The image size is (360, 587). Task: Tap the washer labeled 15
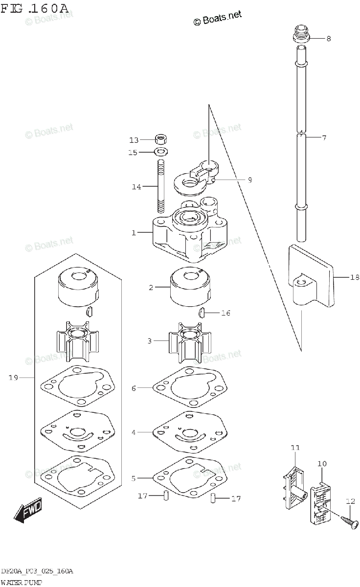pyautogui.click(x=161, y=152)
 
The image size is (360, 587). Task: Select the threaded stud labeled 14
pyautogui.click(x=161, y=186)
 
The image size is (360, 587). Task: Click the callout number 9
pyautogui.click(x=250, y=180)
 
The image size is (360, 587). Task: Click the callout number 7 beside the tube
pyautogui.click(x=324, y=137)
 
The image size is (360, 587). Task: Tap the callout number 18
pyautogui.click(x=355, y=277)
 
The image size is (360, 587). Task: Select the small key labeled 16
pyautogui.click(x=201, y=313)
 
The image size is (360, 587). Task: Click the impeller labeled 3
pyautogui.click(x=190, y=342)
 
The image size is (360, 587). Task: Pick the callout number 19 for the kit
pyautogui.click(x=13, y=378)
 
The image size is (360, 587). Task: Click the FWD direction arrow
pyautogui.click(x=28, y=509)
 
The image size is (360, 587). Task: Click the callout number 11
pyautogui.click(x=295, y=448)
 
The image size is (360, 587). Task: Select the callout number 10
pyautogui.click(x=322, y=464)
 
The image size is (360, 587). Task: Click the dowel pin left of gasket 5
pyautogui.click(x=166, y=496)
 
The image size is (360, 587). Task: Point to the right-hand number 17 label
pyautogui.click(x=236, y=498)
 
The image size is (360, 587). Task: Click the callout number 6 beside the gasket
pyautogui.click(x=134, y=388)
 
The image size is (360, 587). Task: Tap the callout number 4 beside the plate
pyautogui.click(x=134, y=432)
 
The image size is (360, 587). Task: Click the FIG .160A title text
pyautogui.click(x=34, y=9)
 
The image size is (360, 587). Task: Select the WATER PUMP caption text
pyautogui.click(x=21, y=583)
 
